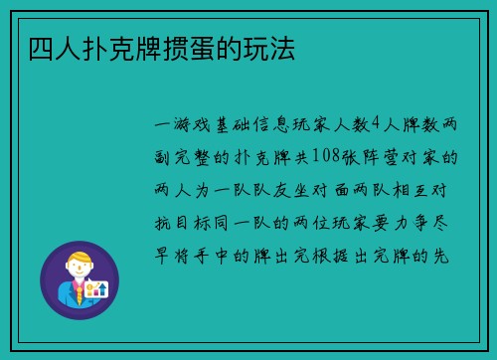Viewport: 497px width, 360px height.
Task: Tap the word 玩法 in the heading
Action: [276, 48]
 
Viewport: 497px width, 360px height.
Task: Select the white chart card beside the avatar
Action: [96, 289]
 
